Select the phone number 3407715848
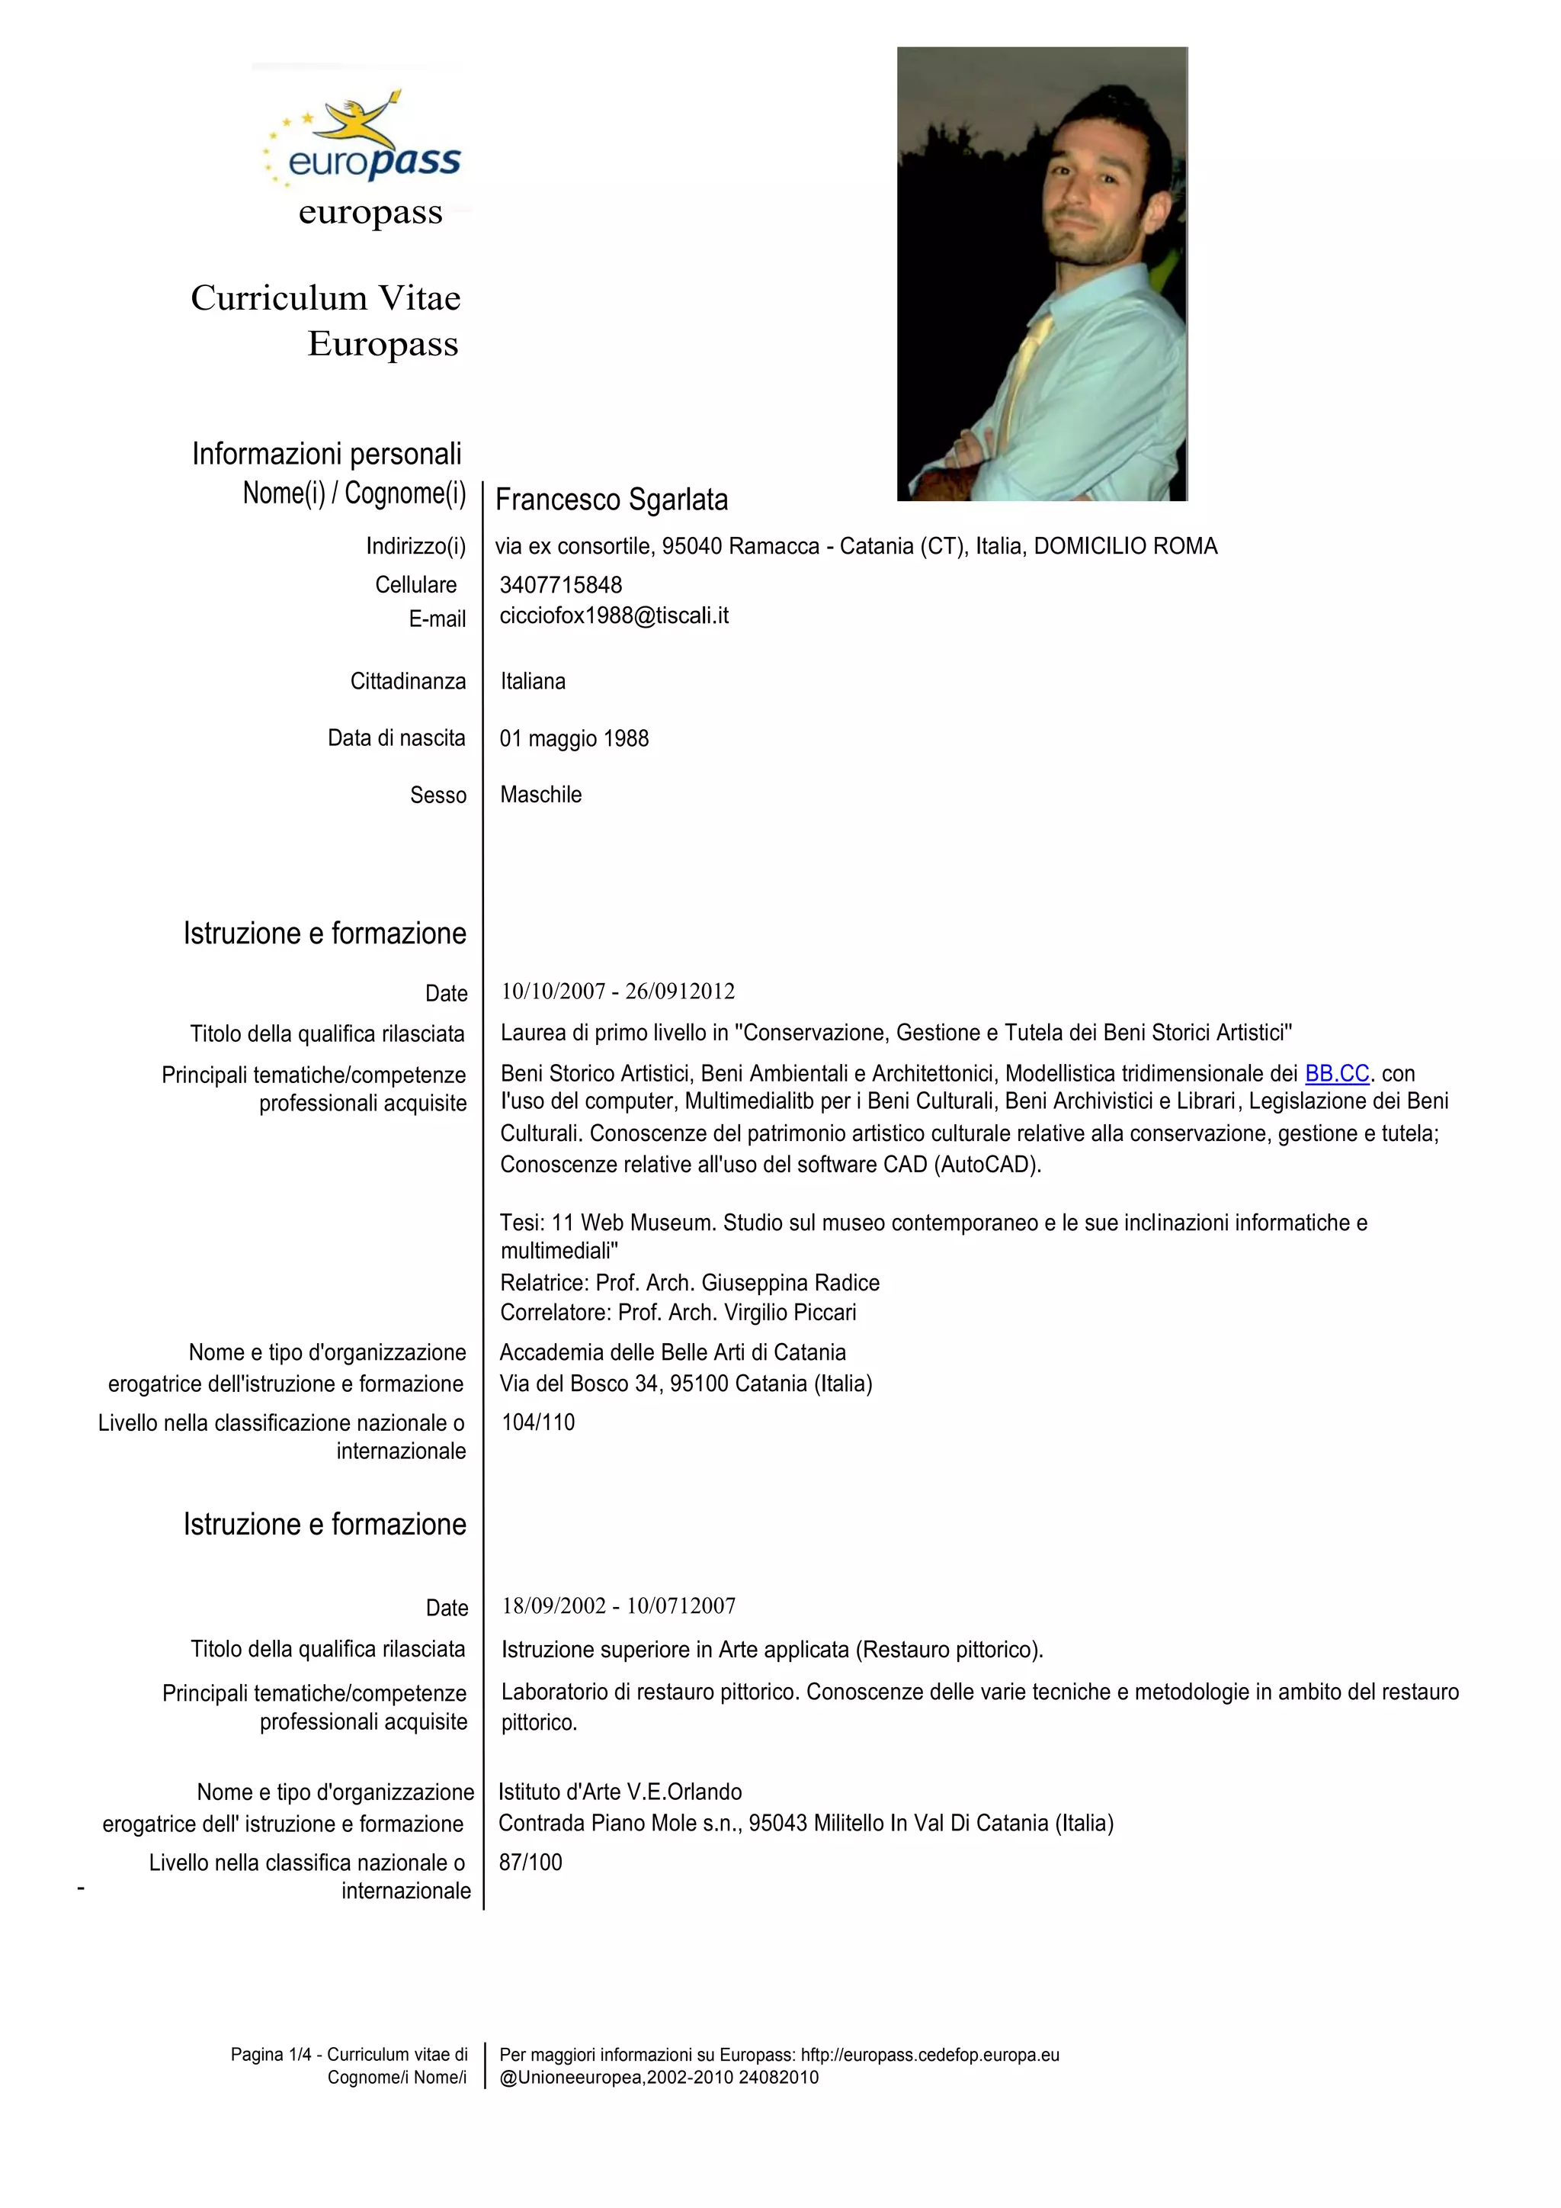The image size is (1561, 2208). tap(560, 585)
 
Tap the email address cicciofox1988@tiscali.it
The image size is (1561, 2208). tap(614, 615)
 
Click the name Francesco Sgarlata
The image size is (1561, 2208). tap(611, 500)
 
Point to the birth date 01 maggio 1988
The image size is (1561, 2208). tap(574, 738)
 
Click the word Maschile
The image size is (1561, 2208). tap(540, 794)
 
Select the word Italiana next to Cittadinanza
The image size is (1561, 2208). tap(533, 681)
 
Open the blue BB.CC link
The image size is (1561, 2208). tap(1336, 1073)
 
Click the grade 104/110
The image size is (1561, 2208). tap(537, 1422)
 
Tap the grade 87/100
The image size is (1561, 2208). tap(530, 1862)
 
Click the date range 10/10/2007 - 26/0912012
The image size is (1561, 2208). tap(617, 992)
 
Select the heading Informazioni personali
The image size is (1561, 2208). tap(327, 453)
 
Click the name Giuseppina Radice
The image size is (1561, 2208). tap(790, 1283)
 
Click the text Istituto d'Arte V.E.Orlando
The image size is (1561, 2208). tap(620, 1792)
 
